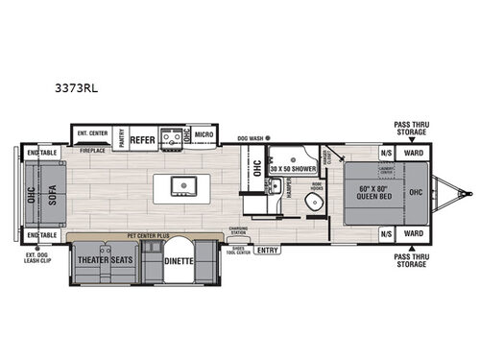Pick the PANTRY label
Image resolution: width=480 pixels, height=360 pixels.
coord(120,137)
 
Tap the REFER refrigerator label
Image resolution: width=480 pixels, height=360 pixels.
coord(142,137)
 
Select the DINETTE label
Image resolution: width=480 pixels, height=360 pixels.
coord(179,261)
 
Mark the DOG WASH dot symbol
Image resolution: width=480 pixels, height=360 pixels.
coord(268,137)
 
